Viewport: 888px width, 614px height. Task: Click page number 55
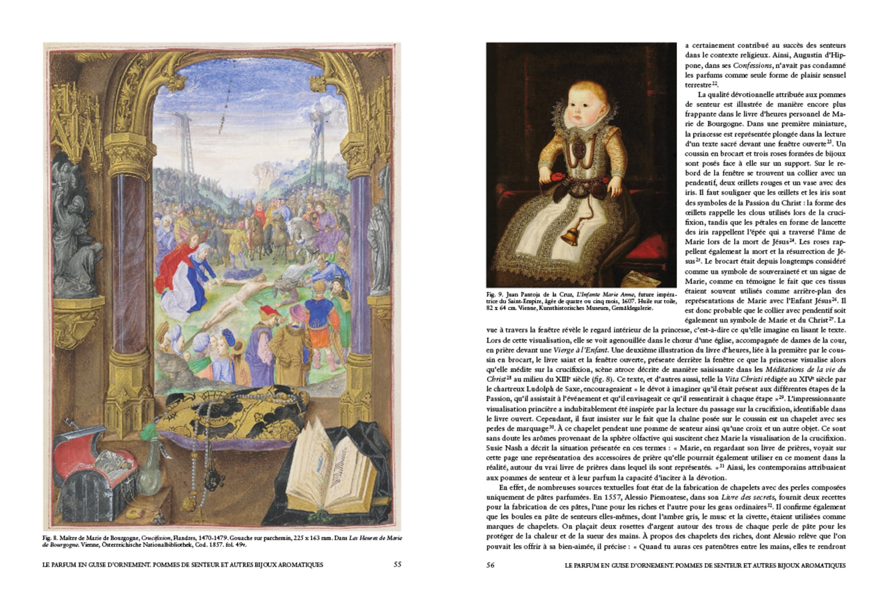pos(397,564)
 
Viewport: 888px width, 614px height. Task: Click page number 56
pos(491,565)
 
